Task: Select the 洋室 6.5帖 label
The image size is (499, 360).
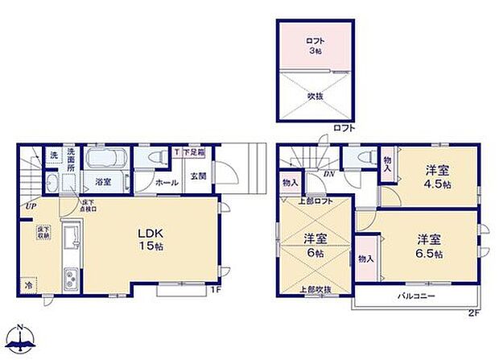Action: coord(427,245)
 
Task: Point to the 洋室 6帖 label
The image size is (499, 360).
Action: coord(315,245)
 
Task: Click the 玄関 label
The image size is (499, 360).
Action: coord(197,176)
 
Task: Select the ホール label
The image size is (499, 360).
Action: coord(167,183)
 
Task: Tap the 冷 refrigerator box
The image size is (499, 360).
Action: coord(30,285)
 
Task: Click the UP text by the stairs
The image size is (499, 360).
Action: coord(30,207)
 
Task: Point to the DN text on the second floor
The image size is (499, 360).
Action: coord(329,173)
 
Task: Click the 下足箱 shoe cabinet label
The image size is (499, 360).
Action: coord(193,151)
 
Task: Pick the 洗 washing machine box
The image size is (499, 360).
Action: coord(53,155)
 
